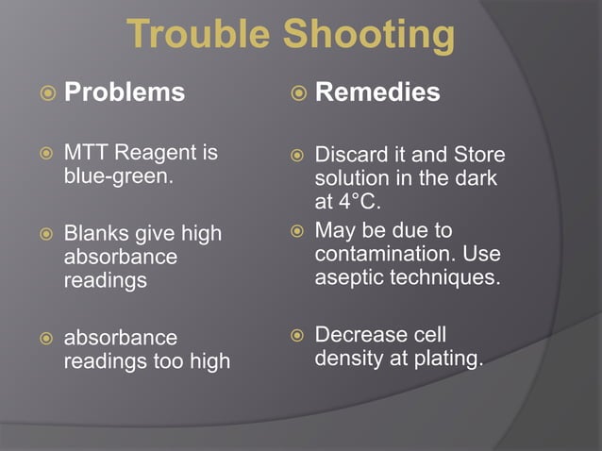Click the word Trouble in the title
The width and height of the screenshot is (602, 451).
point(192,36)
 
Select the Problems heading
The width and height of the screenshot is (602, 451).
point(124,92)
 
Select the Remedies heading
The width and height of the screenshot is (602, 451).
point(376,92)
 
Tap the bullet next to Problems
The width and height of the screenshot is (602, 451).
point(43,93)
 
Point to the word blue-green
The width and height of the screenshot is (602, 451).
point(117,176)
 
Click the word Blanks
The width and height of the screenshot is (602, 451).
point(92,232)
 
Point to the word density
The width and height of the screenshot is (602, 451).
point(345,359)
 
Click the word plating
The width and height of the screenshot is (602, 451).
point(448,359)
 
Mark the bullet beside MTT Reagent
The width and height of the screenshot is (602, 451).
point(43,154)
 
